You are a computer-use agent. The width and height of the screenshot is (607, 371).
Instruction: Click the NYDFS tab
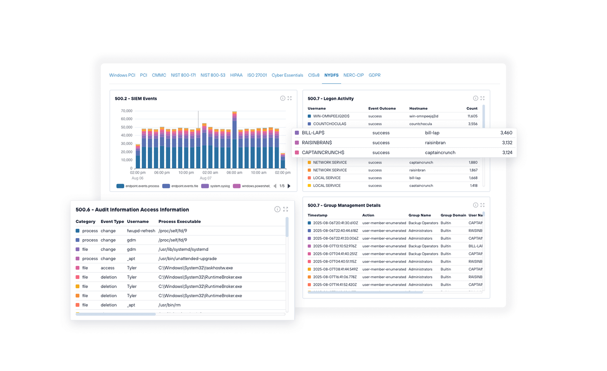pos(331,75)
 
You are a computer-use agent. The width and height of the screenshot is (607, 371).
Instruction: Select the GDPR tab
pos(374,75)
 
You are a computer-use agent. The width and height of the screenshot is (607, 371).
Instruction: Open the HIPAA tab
pos(236,75)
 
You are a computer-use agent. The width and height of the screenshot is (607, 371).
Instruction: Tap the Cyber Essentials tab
pos(287,75)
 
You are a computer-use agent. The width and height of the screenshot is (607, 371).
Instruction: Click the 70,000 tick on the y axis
pos(126,111)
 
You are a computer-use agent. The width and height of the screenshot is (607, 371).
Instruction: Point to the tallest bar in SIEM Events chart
pos(234,140)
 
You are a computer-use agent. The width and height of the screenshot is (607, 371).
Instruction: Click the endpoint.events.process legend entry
pos(138,186)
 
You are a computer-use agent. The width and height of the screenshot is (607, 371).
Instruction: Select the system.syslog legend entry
pos(216,186)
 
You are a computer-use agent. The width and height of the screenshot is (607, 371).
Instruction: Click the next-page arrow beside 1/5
pos(289,186)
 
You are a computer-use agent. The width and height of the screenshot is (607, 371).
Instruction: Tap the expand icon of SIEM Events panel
pos(290,98)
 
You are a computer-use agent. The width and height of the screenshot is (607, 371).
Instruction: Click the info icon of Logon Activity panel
pos(475,98)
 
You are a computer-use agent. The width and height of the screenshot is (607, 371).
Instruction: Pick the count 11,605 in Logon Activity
pos(472,116)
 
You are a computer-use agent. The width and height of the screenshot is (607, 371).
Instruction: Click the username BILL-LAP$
pos(313,133)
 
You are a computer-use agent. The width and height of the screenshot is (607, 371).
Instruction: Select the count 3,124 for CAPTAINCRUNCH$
pos(507,153)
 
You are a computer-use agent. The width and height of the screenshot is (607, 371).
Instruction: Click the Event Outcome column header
pos(382,109)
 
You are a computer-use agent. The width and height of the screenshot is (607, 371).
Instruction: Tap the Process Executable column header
pos(179,222)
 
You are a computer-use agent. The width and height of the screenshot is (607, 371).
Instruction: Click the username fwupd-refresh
pos(141,231)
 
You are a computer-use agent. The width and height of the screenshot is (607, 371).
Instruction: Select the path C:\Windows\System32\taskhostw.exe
pos(196,268)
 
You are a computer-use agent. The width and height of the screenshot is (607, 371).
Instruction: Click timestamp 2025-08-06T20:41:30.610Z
pos(335,223)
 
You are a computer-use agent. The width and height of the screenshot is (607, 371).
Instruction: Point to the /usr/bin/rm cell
pos(169,305)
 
